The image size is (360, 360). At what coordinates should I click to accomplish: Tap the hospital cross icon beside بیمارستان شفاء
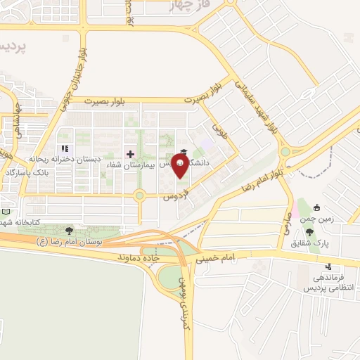point(130,153)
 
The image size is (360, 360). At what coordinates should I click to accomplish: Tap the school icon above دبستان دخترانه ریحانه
point(65,149)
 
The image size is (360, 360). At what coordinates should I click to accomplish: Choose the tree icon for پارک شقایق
point(310,232)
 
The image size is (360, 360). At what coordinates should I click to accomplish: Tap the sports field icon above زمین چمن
point(316,208)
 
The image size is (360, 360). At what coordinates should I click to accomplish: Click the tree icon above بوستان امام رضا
point(68,230)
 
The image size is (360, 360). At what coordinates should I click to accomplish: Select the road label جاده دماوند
point(160,258)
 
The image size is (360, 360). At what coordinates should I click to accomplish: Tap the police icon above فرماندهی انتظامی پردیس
point(328,267)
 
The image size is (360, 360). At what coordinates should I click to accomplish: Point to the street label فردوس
point(175,193)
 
